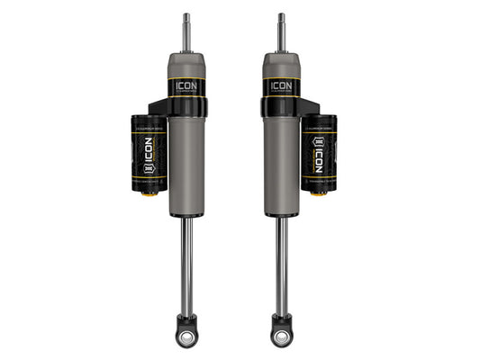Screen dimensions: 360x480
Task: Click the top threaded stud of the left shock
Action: click(x=186, y=31)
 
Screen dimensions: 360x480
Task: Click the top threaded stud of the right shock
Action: click(x=281, y=31)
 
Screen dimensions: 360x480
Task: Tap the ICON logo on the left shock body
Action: click(x=186, y=87)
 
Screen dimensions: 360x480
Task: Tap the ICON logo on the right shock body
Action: click(x=281, y=87)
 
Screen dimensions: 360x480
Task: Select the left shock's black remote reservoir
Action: click(x=148, y=153)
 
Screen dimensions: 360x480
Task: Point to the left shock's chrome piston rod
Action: click(x=186, y=261)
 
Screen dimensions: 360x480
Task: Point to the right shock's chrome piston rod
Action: click(x=282, y=261)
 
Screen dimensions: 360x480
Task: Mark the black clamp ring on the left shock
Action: click(x=186, y=109)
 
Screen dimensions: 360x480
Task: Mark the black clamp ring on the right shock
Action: click(x=281, y=109)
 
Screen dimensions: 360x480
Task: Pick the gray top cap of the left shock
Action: click(x=186, y=65)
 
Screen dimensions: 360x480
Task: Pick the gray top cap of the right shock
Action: click(x=281, y=65)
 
